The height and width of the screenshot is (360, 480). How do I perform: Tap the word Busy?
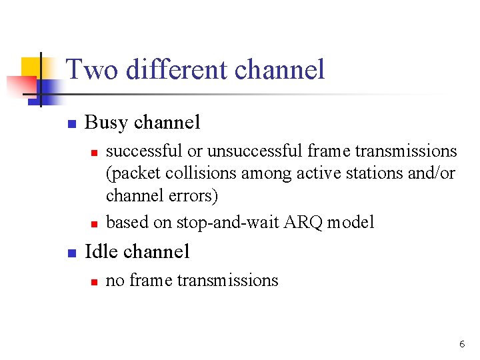coord(107,123)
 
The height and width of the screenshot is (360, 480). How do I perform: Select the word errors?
coord(199,197)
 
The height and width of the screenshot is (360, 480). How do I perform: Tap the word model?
coord(353,222)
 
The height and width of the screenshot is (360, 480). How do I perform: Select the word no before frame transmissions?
coord(115,281)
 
